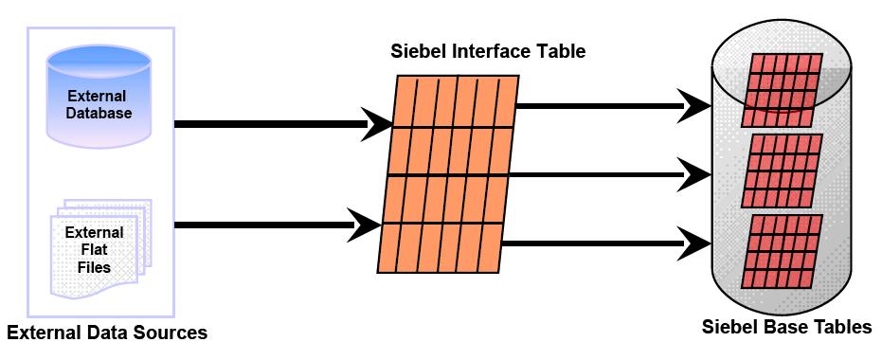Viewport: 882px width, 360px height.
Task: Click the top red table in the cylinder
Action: [782, 91]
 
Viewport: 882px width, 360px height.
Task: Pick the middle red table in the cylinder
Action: [782, 171]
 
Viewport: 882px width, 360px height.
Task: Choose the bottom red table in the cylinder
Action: [782, 251]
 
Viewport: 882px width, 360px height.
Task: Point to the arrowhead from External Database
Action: [380, 124]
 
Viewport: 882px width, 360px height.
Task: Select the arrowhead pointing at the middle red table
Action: [698, 172]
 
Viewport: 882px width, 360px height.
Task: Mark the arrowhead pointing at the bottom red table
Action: [698, 243]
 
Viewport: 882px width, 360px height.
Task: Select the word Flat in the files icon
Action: [94, 250]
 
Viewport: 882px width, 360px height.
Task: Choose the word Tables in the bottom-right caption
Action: [842, 328]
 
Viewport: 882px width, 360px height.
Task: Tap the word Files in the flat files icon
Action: [94, 267]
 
